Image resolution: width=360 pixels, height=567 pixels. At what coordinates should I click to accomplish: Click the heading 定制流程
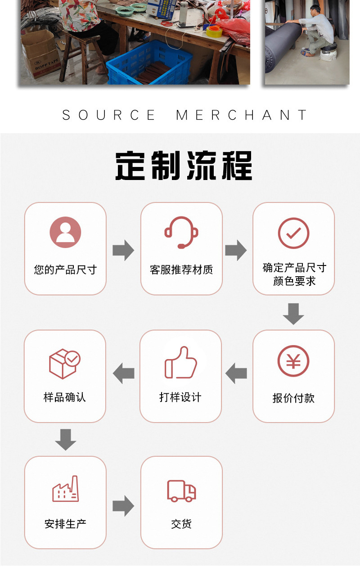click(x=184, y=166)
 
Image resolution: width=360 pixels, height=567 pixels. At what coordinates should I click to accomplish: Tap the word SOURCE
click(x=109, y=115)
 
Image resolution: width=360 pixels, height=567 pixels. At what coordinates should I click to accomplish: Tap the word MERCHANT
click(x=242, y=115)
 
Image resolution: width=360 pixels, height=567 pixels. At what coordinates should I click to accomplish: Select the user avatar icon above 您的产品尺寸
click(x=65, y=233)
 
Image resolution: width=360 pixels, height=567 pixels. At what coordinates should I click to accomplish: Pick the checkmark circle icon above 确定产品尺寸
click(x=293, y=233)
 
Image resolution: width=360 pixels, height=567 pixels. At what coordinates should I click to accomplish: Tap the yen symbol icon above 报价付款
click(x=293, y=361)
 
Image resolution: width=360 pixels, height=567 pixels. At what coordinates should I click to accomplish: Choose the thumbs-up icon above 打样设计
click(x=181, y=362)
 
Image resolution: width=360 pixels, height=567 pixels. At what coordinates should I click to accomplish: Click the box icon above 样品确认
click(x=64, y=364)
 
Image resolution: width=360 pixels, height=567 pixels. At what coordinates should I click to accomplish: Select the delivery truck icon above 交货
click(x=181, y=490)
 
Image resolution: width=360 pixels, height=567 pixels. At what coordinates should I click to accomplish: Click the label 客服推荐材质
click(x=181, y=270)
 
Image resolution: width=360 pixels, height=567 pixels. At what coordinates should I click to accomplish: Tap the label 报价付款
click(x=293, y=398)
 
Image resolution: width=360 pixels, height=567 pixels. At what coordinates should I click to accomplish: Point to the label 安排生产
click(x=65, y=524)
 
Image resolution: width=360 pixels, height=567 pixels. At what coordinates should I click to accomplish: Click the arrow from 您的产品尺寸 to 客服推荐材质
click(x=123, y=250)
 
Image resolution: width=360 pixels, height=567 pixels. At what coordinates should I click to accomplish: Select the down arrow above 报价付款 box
click(x=293, y=314)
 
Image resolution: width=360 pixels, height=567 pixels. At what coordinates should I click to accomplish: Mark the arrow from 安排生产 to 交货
click(x=123, y=506)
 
